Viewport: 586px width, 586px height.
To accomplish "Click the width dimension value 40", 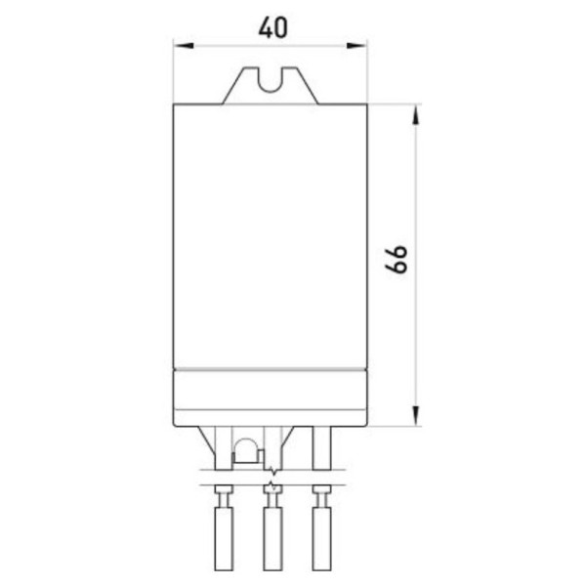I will click(x=272, y=26).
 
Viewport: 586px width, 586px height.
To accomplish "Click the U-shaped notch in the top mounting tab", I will click(x=272, y=79).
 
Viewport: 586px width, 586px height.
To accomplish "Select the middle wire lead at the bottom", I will click(x=272, y=537).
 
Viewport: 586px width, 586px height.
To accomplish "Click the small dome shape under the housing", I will click(x=245, y=450).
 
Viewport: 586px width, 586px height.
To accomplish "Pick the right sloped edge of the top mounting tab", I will click(x=312, y=85).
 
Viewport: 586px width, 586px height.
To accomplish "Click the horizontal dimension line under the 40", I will click(x=234, y=45).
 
